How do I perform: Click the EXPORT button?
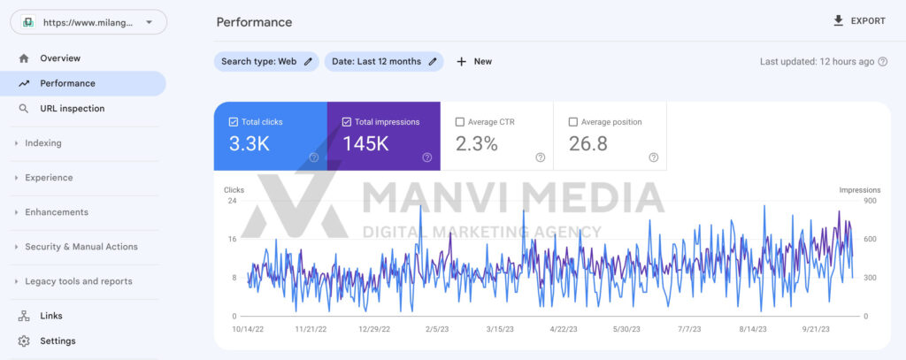[x=859, y=21]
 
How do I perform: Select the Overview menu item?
[x=60, y=58]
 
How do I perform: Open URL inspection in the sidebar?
[x=73, y=109]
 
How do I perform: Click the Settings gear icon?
[x=24, y=341]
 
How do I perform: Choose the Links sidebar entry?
[x=51, y=316]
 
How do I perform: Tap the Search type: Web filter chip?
[x=266, y=61]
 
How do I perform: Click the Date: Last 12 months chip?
[x=384, y=61]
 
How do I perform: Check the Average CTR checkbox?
[x=460, y=122]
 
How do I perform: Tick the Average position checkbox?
[x=573, y=122]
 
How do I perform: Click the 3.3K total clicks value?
[x=249, y=144]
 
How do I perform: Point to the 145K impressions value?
[x=365, y=144]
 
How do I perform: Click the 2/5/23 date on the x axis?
[x=437, y=329]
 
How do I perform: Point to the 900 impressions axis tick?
[x=871, y=201]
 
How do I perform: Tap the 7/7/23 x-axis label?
[x=688, y=329]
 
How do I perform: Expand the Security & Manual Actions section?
[x=81, y=247]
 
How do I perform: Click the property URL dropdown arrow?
[x=149, y=22]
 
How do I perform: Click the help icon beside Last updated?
[x=883, y=62]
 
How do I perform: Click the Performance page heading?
[x=254, y=22]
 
